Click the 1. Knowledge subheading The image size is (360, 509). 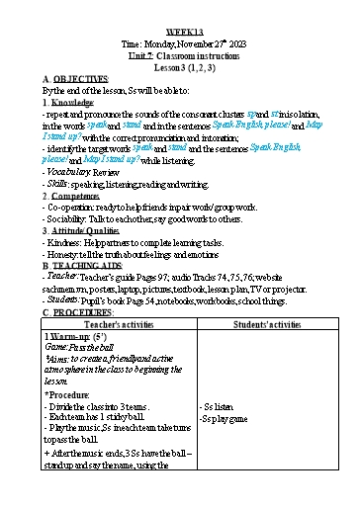coord(69,103)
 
